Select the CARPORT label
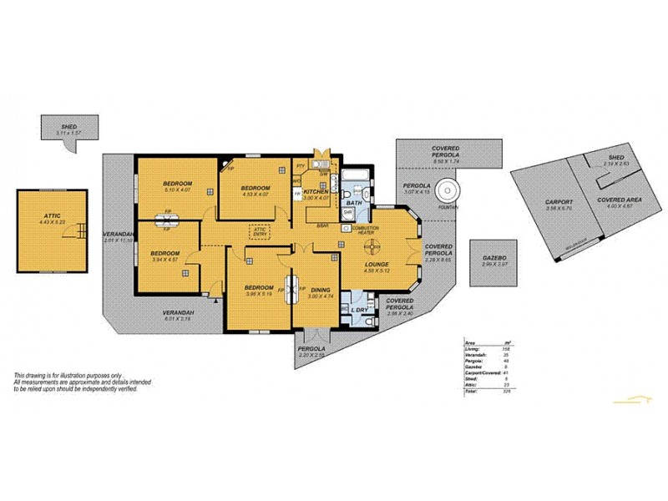(x=559, y=202)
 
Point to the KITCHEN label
(x=316, y=191)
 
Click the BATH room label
(x=354, y=203)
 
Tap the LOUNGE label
(x=377, y=264)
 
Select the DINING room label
(x=320, y=289)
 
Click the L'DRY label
(x=360, y=311)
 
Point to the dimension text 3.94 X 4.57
(x=164, y=260)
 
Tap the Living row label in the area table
(x=473, y=349)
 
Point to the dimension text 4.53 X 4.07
(x=256, y=195)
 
